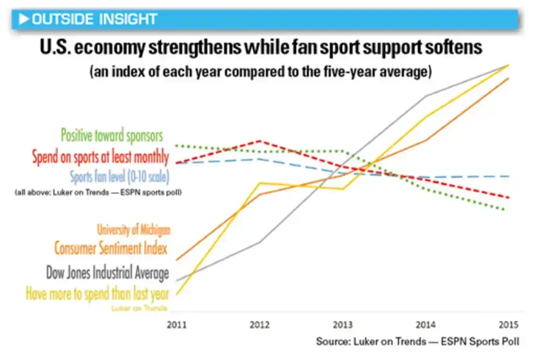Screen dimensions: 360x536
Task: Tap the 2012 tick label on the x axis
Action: (x=260, y=324)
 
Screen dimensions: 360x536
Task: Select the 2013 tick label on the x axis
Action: (x=343, y=324)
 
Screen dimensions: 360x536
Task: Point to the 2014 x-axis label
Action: (x=426, y=324)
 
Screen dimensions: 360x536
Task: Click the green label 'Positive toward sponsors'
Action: (x=112, y=136)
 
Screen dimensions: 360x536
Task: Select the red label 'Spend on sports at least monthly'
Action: (x=100, y=157)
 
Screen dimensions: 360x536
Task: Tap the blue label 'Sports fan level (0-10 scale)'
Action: (x=119, y=177)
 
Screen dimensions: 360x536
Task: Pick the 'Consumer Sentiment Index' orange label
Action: (x=111, y=248)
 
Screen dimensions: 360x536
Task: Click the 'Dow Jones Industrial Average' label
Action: (x=107, y=273)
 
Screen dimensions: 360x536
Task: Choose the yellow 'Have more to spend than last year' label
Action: (x=97, y=294)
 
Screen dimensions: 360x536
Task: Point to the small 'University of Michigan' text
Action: (x=133, y=230)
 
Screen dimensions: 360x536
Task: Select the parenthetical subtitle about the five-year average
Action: (x=260, y=72)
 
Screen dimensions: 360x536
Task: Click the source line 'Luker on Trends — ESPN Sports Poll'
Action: (x=418, y=342)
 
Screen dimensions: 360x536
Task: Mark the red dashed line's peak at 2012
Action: (x=260, y=141)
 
